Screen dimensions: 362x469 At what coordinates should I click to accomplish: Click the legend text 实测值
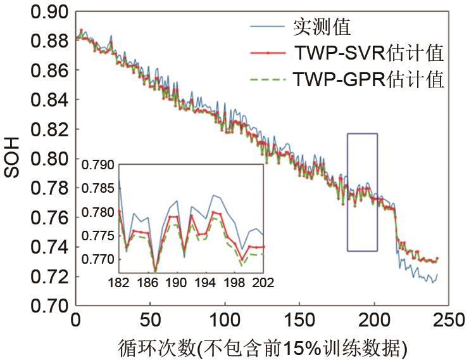pyautogui.click(x=322, y=27)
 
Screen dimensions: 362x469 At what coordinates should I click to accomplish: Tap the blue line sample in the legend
pyautogui.click(x=268, y=27)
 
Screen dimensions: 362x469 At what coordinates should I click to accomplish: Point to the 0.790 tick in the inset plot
pyautogui.click(x=97, y=166)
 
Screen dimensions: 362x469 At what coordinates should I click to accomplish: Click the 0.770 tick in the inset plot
pyautogui.click(x=97, y=259)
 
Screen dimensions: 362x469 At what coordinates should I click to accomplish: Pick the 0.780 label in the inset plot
pyautogui.click(x=97, y=212)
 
